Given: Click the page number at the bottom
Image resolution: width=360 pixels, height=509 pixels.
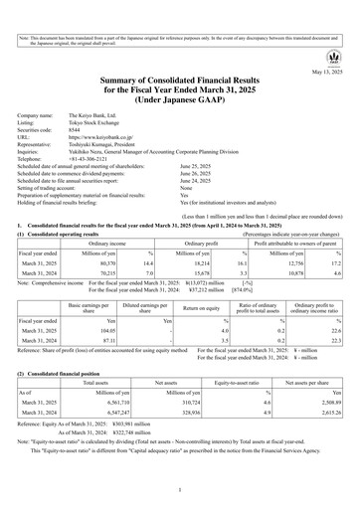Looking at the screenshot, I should point(180,490).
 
